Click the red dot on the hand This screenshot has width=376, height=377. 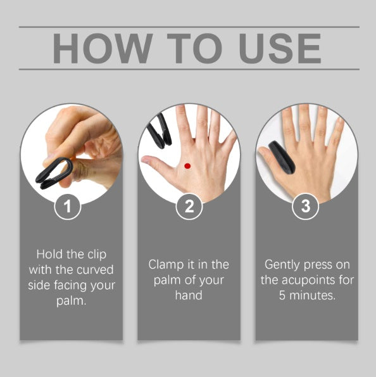(x=187, y=166)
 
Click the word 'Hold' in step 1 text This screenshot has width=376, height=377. (x=49, y=253)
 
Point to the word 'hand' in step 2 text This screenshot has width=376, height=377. (x=189, y=295)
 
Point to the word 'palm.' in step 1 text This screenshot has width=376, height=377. (x=71, y=300)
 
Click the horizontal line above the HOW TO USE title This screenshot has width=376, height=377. (x=189, y=27)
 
